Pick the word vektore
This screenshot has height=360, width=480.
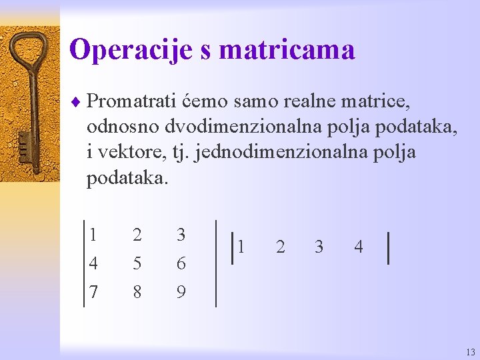pos(127,152)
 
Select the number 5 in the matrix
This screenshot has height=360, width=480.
pos(137,264)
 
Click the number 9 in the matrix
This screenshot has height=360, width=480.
pos(181,292)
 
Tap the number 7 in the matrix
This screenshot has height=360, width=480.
pos(93,292)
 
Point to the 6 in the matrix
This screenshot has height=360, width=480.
pos(181,264)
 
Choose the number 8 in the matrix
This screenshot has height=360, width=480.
pos(137,292)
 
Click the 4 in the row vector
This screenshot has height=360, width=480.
pos(359,247)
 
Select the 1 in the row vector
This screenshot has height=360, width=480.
pos(241,247)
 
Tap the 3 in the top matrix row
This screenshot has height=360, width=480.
pos(181,235)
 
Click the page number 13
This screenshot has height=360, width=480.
pos(471,352)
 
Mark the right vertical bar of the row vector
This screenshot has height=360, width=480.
pos(388,247)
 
